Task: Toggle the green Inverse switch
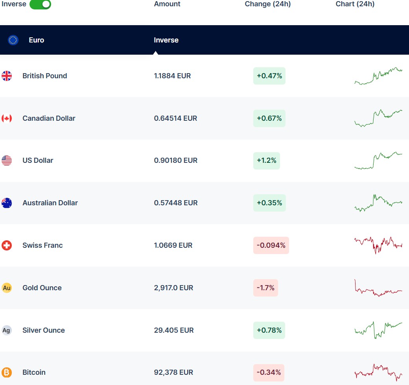[40, 4]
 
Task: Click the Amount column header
[167, 4]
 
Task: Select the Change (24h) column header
[267, 4]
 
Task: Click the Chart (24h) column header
[355, 4]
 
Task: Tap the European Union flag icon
[13, 40]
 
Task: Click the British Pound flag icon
[7, 76]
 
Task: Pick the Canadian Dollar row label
[49, 118]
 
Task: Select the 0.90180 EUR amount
[175, 160]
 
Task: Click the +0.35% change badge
[269, 203]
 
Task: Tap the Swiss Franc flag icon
[7, 245]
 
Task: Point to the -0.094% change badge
[271, 245]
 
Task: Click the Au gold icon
[7, 288]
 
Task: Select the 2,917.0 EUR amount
[173, 288]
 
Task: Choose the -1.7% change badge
[265, 288]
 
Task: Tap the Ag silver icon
[7, 330]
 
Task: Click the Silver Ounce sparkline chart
[378, 330]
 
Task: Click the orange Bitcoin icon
[7, 372]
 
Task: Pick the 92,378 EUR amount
[173, 372]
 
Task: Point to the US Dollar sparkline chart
[378, 160]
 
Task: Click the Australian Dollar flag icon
[7, 203]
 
